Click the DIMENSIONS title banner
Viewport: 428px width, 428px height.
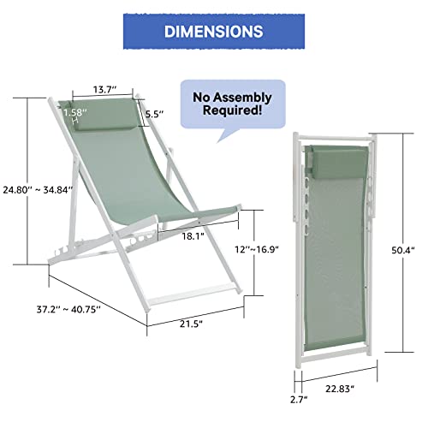(213, 32)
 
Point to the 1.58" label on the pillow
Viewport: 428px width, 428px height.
(74, 112)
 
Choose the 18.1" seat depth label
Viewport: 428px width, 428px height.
(193, 236)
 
